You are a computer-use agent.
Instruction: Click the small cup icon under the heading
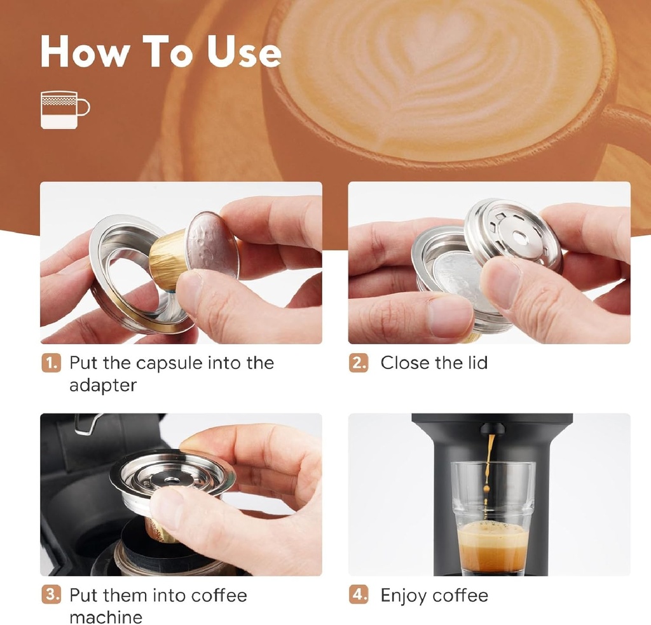64,109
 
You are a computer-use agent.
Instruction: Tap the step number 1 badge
51,364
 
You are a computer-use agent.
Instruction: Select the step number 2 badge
359,364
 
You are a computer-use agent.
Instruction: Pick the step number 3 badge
51,596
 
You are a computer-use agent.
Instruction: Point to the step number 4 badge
359,596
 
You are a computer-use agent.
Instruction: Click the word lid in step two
474,363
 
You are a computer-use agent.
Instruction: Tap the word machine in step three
106,617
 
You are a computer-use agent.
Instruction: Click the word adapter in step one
102,386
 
